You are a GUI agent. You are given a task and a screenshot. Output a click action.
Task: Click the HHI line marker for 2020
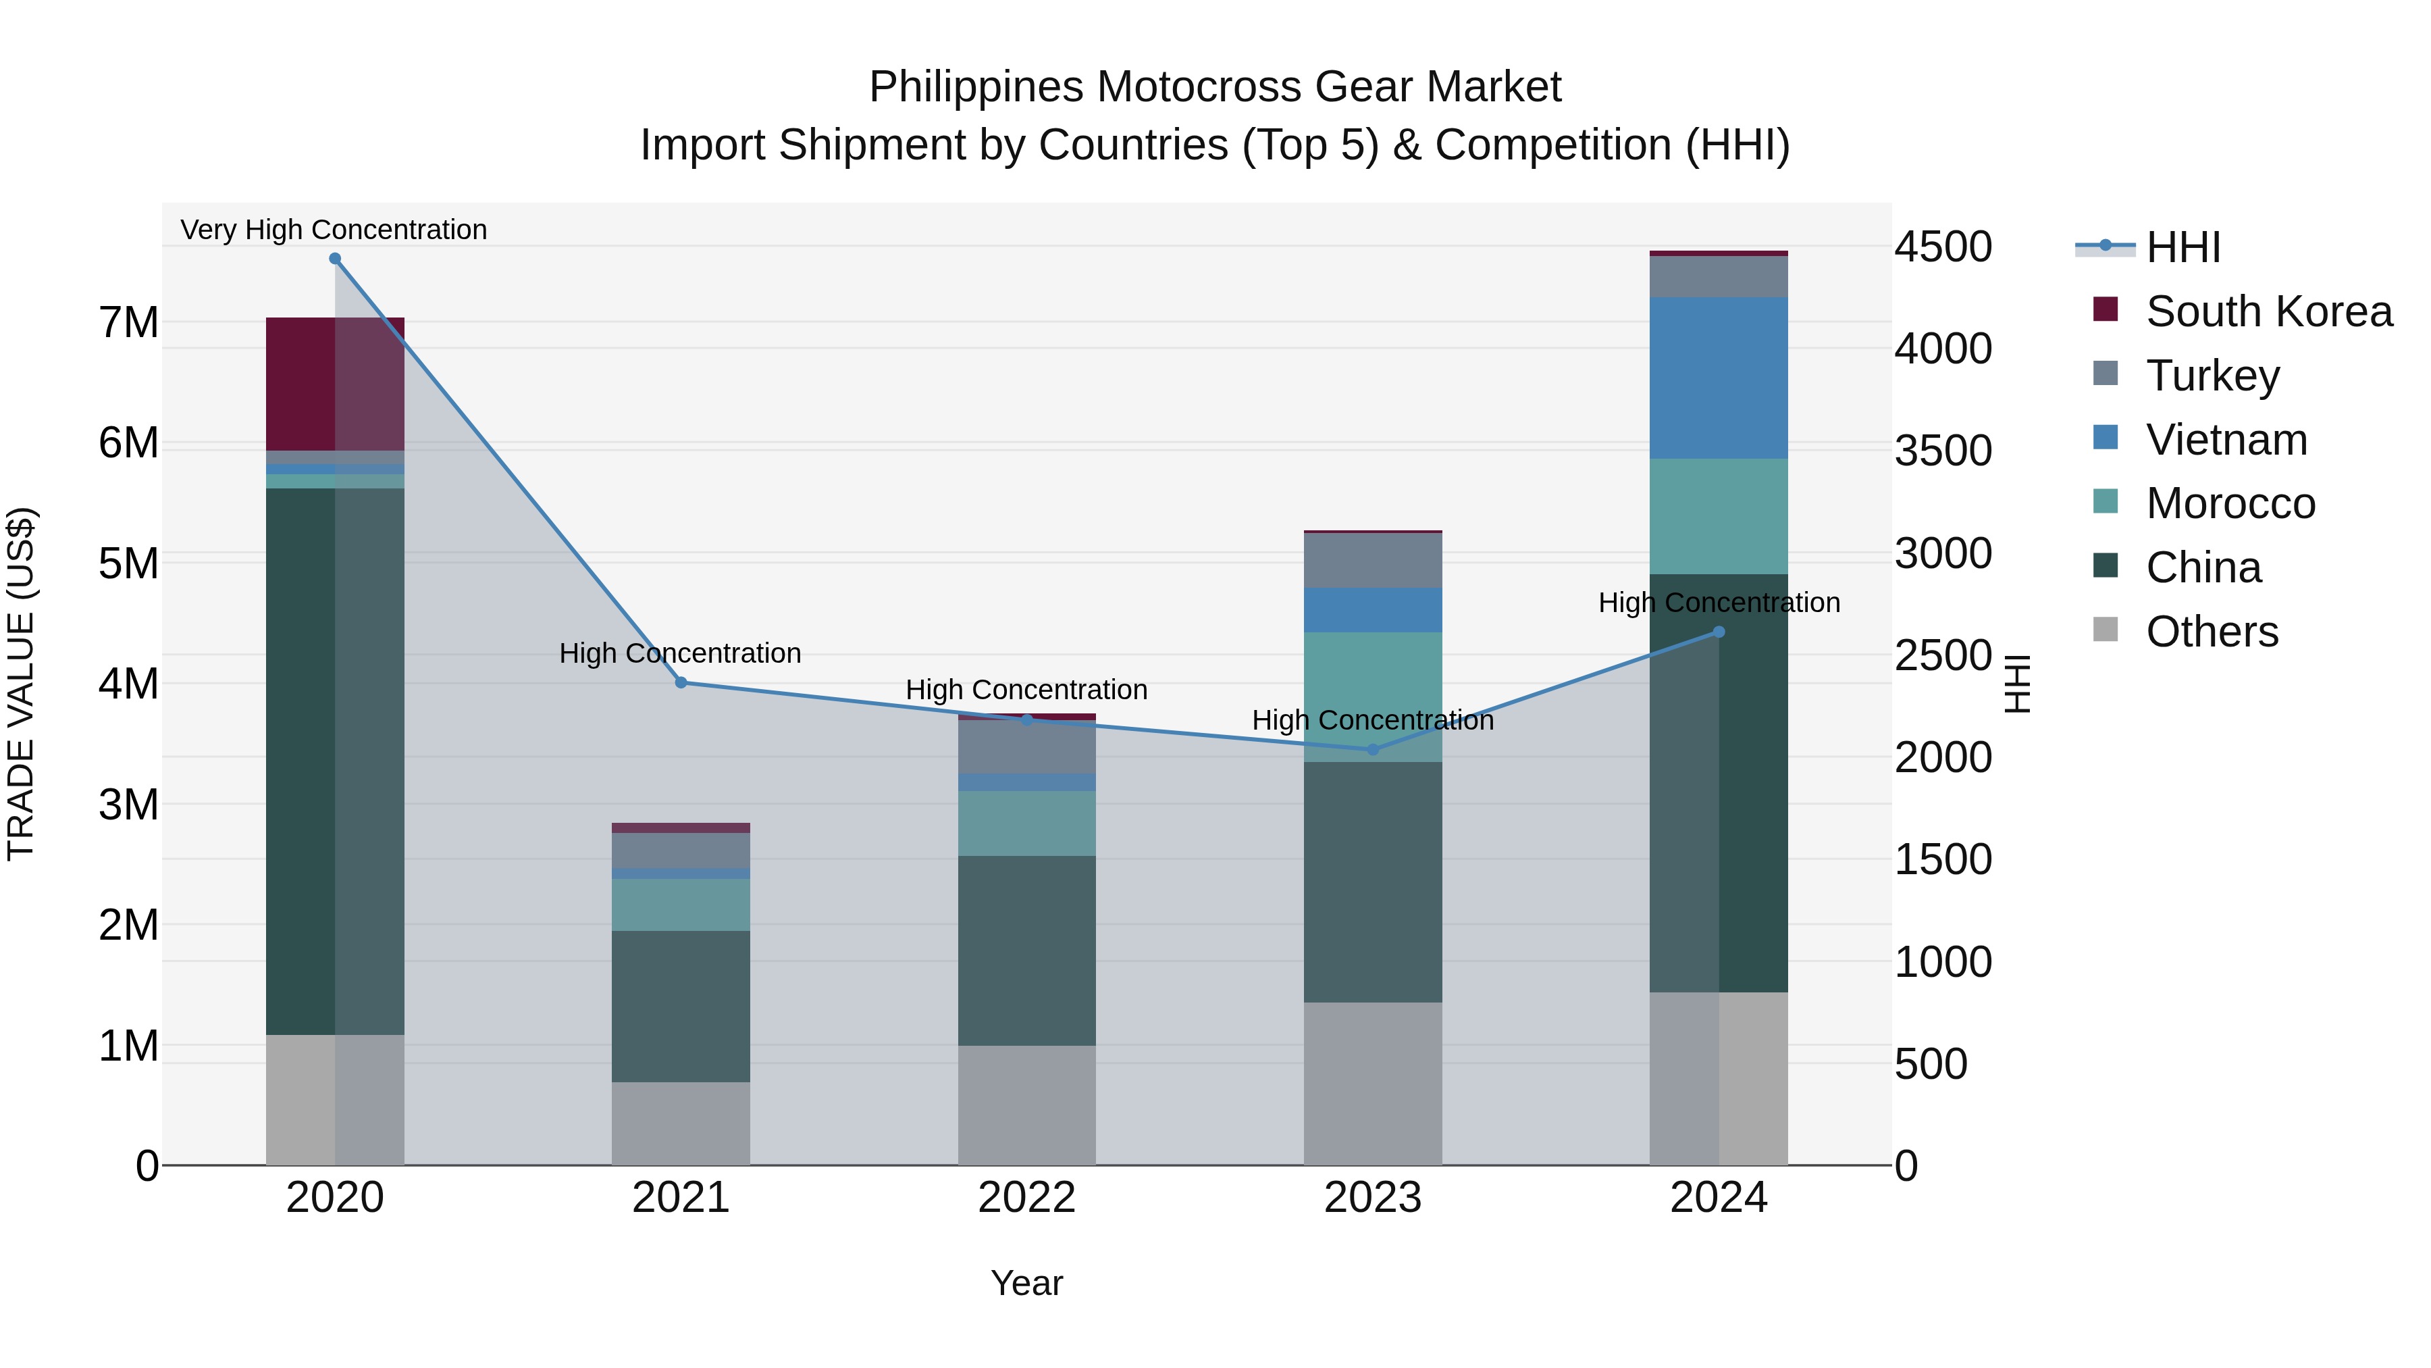pyautogui.click(x=335, y=259)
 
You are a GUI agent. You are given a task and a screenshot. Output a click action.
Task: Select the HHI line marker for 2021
pyautogui.click(x=681, y=682)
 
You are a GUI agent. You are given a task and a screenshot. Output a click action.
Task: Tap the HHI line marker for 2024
pyautogui.click(x=1719, y=632)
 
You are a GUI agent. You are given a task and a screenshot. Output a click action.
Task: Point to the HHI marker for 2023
pyautogui.click(x=1373, y=750)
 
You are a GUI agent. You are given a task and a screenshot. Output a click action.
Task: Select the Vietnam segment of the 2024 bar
pyautogui.click(x=1719, y=378)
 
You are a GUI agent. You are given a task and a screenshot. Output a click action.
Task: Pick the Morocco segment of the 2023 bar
pyautogui.click(x=1373, y=696)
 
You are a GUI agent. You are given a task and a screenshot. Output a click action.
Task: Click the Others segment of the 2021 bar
pyautogui.click(x=681, y=1123)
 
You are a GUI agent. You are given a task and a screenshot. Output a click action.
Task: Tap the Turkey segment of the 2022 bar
pyautogui.click(x=1026, y=746)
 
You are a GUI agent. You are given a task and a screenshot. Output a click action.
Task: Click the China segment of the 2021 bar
pyautogui.click(x=681, y=1007)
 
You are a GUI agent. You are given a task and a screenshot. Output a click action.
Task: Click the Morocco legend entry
pyautogui.click(x=2230, y=503)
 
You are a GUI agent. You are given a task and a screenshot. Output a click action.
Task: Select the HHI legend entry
pyautogui.click(x=2182, y=247)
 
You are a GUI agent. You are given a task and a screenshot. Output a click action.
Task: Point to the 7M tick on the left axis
pyautogui.click(x=128, y=323)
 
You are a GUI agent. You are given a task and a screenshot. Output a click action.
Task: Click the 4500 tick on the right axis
pyautogui.click(x=1943, y=247)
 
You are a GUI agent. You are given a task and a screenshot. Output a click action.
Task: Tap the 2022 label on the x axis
pyautogui.click(x=1026, y=1198)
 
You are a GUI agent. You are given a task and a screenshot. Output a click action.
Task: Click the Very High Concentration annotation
pyautogui.click(x=334, y=230)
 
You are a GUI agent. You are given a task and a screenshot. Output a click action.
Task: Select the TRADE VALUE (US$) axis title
pyautogui.click(x=21, y=684)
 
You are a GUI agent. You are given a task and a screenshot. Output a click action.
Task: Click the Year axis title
pyautogui.click(x=1026, y=1283)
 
